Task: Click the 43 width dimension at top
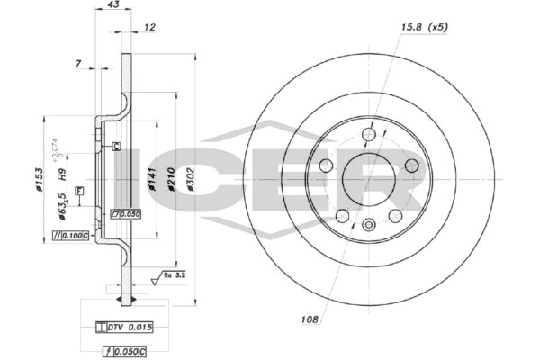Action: pos(113,4)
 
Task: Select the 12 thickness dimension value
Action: pos(149,27)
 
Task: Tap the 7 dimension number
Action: pos(78,64)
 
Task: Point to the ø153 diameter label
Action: pos(39,179)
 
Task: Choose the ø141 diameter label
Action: pos(152,179)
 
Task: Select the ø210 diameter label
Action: pos(171,179)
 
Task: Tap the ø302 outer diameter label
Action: pos(190,179)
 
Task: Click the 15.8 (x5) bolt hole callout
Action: pos(424,27)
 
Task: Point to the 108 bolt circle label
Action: pos(310,319)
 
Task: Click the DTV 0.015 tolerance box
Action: pos(124,327)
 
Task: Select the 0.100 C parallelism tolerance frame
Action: pos(70,236)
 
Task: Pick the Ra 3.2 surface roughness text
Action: pos(175,275)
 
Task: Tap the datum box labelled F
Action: pos(79,191)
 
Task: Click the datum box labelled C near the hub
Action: pos(117,146)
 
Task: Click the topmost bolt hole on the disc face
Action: pos(369,134)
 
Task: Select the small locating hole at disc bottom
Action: pos(369,225)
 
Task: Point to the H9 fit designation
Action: pos(61,175)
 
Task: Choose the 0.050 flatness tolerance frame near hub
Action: pos(125,214)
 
